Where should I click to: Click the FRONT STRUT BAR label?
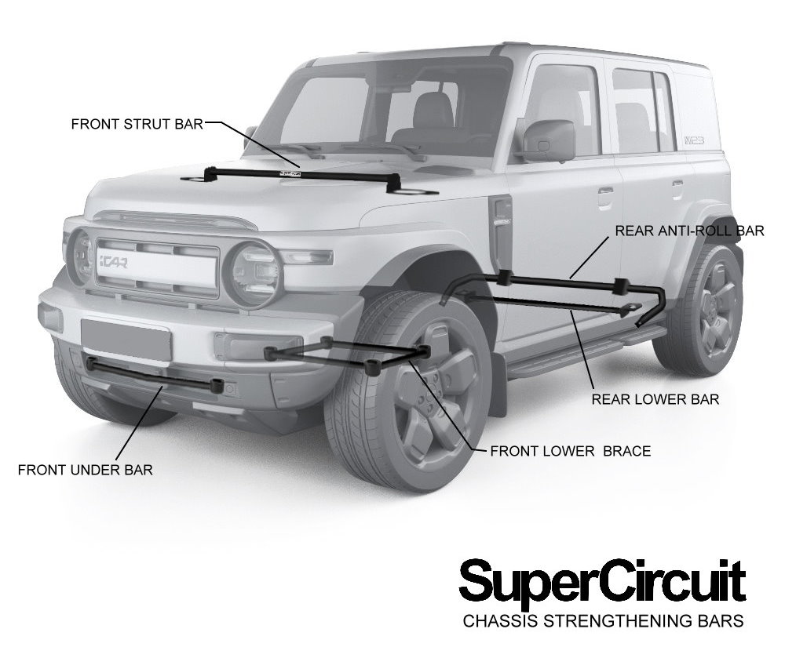click(137, 124)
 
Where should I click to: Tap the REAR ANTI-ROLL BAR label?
click(689, 231)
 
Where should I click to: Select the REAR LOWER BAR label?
click(655, 399)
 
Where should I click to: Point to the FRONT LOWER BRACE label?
click(570, 451)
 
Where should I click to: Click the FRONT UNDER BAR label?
click(85, 470)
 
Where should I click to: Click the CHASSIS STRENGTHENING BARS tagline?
click(603, 620)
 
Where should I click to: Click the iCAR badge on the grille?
click(113, 261)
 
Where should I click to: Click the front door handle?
click(605, 193)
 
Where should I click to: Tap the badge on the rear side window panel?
click(694, 140)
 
